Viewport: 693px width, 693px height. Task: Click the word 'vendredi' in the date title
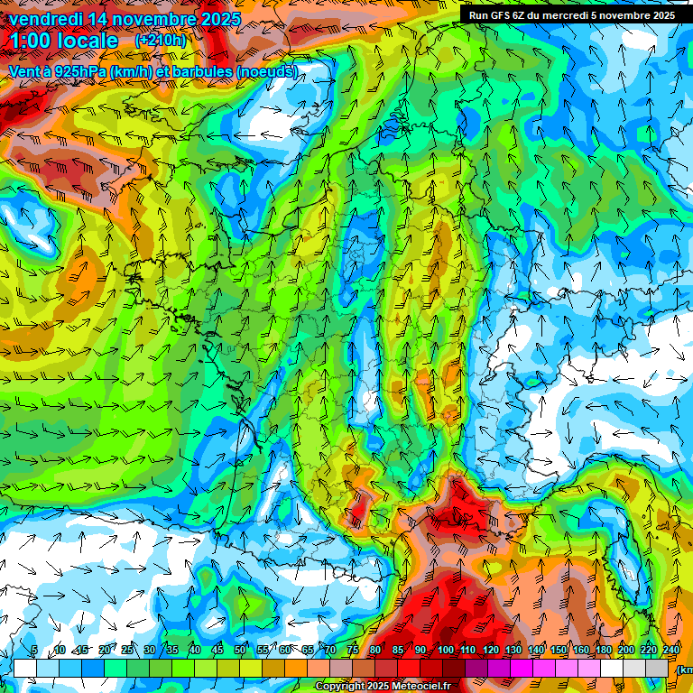pyautogui.click(x=43, y=18)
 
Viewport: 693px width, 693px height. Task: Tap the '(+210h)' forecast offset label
pyautogui.click(x=160, y=41)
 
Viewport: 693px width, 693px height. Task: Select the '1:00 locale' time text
pyautogui.click(x=64, y=41)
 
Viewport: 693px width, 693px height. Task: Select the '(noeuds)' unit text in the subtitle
pyautogui.click(x=266, y=71)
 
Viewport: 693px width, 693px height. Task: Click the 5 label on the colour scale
pyautogui.click(x=33, y=651)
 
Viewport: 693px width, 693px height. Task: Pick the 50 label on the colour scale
pyautogui.click(x=240, y=651)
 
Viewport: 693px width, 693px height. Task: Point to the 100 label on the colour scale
pyautogui.click(x=446, y=651)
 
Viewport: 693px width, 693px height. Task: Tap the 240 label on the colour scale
pyautogui.click(x=671, y=651)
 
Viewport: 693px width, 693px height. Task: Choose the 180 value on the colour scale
pyautogui.click(x=604, y=651)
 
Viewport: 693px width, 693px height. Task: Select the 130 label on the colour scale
pyautogui.click(x=513, y=651)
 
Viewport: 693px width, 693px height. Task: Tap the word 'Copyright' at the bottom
pyautogui.click(x=340, y=687)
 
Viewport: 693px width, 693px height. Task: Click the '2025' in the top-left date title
pyautogui.click(x=220, y=18)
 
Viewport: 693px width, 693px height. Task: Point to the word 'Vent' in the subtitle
pyautogui.click(x=24, y=71)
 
